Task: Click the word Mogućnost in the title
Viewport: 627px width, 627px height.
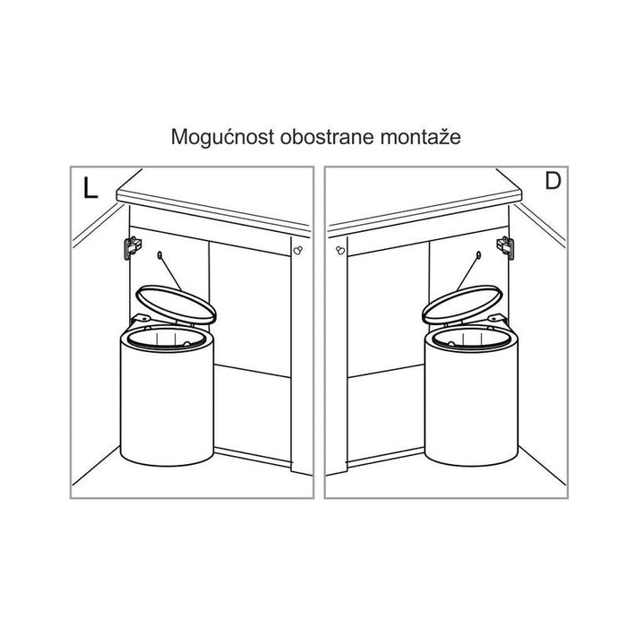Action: point(222,137)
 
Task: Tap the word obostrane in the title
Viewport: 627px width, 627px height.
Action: point(328,137)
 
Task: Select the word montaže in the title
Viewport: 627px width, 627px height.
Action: point(421,137)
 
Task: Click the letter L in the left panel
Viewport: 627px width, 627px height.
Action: point(90,188)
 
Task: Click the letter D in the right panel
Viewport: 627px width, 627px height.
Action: point(553,181)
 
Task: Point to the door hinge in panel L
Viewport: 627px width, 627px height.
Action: point(133,247)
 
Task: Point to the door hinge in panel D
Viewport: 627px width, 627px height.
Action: point(505,247)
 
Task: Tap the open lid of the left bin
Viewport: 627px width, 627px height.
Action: point(176,304)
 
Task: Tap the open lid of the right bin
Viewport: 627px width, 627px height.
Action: point(462,304)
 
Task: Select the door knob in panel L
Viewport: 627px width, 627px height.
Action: point(298,250)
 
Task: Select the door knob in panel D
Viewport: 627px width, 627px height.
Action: point(340,250)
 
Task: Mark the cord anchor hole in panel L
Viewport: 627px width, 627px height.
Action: point(160,254)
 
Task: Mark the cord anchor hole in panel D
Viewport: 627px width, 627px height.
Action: point(478,254)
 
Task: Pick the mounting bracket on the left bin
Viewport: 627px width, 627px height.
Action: point(141,319)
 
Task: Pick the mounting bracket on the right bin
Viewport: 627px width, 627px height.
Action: point(498,319)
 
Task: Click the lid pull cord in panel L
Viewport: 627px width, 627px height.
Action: point(171,273)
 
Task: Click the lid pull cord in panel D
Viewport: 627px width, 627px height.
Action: point(468,273)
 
